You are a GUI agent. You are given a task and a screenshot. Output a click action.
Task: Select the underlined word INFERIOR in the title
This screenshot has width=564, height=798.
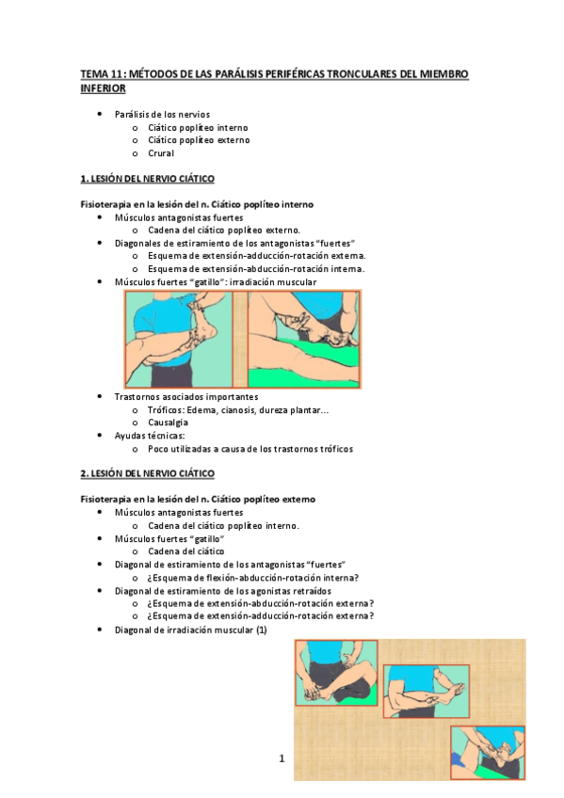[103, 88]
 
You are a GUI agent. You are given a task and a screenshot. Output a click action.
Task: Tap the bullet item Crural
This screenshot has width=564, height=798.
[161, 153]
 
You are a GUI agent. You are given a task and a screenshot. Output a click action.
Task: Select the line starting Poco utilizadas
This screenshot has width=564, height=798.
[250, 449]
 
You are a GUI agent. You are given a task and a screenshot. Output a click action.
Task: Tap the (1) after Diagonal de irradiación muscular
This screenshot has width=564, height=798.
[262, 630]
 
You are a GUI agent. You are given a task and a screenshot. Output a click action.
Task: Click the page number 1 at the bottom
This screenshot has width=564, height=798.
[281, 758]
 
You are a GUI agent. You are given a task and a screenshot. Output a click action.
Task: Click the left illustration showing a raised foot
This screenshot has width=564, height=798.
[184, 339]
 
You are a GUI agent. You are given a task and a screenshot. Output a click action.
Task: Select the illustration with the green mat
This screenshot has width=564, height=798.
[303, 339]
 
